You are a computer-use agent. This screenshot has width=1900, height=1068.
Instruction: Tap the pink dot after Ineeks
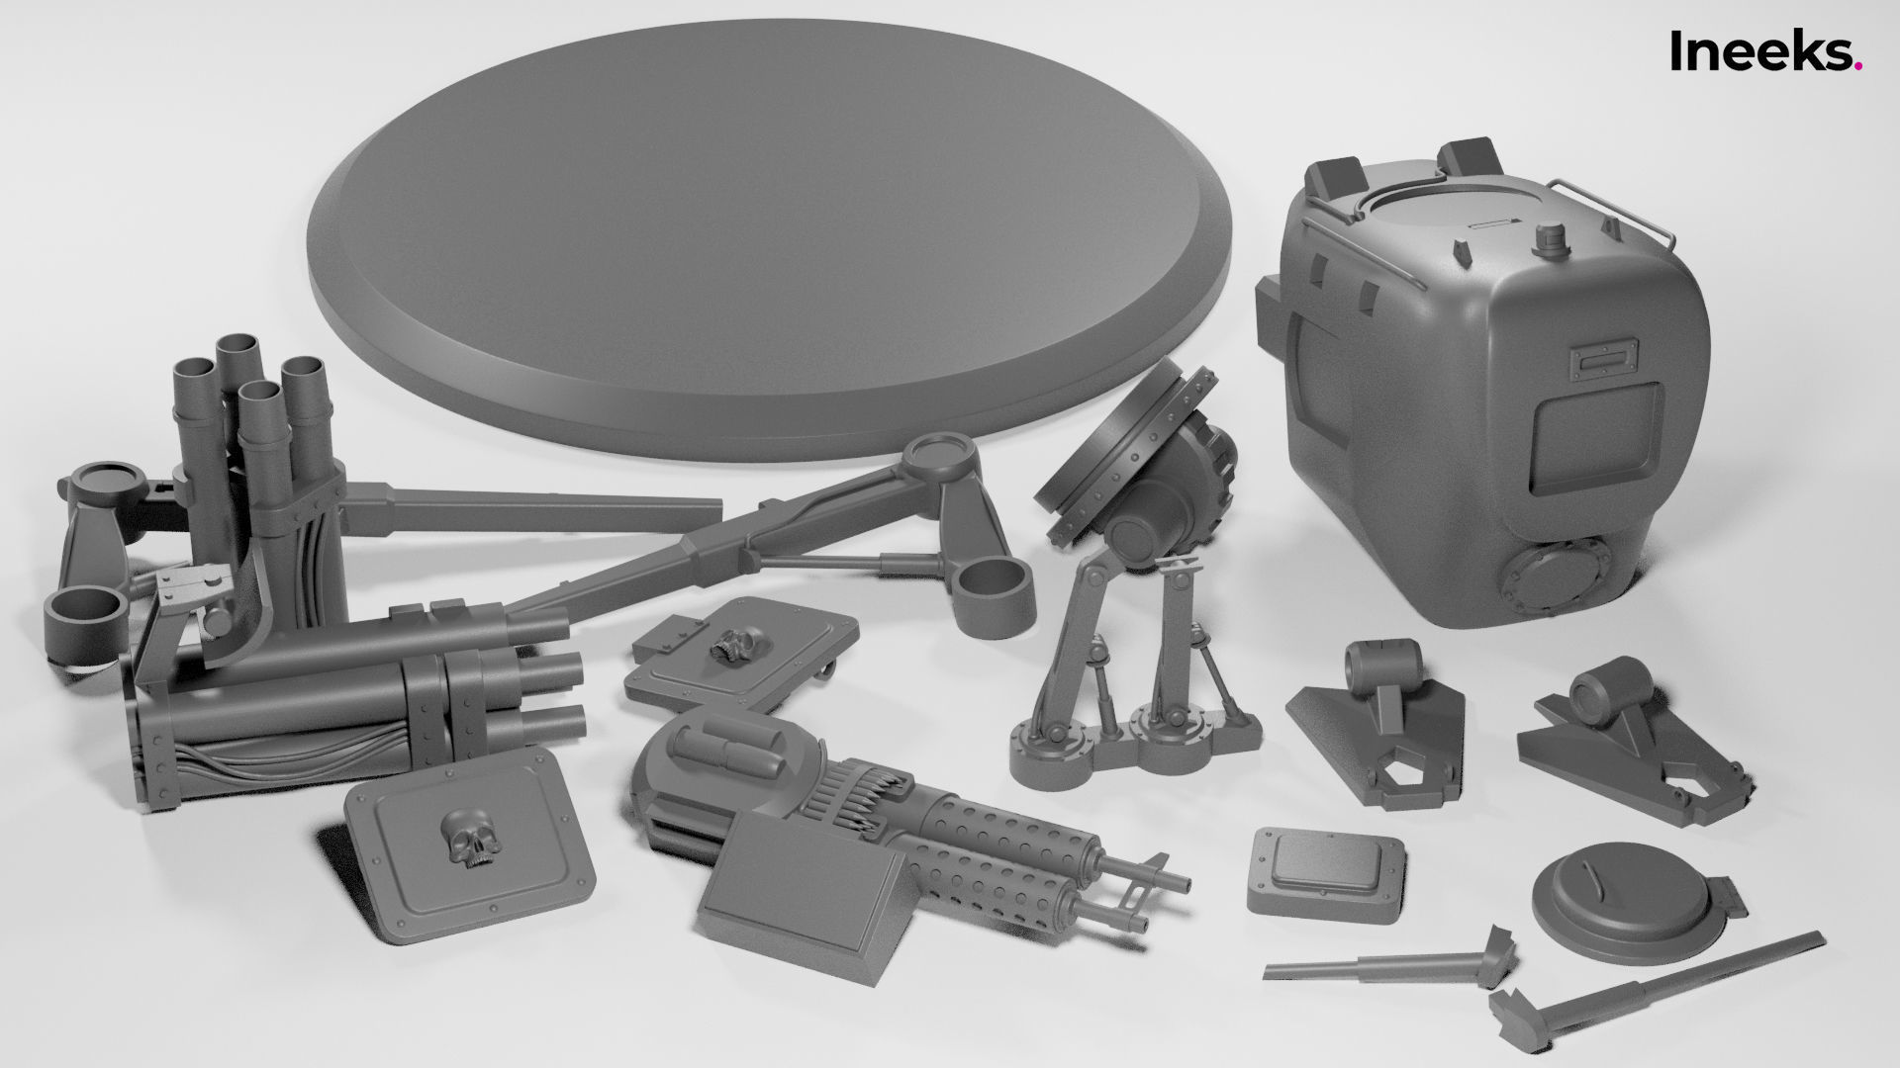[x=1858, y=66]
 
